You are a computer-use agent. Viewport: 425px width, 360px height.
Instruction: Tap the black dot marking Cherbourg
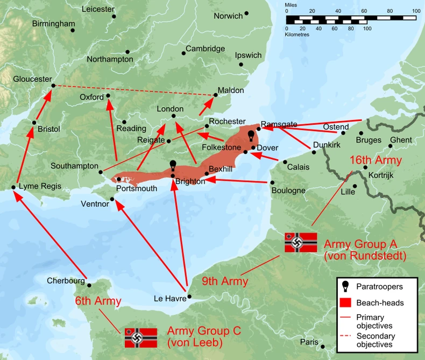[90, 286]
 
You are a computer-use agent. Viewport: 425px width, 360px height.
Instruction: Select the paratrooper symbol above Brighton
[173, 165]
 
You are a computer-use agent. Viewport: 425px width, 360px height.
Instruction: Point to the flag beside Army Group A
[301, 242]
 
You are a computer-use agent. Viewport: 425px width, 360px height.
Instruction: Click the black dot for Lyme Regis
[13, 187]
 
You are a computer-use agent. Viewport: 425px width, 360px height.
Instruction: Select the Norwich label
[228, 16]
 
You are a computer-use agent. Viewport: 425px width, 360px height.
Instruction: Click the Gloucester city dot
[53, 86]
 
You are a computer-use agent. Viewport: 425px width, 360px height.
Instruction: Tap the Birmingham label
[53, 24]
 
